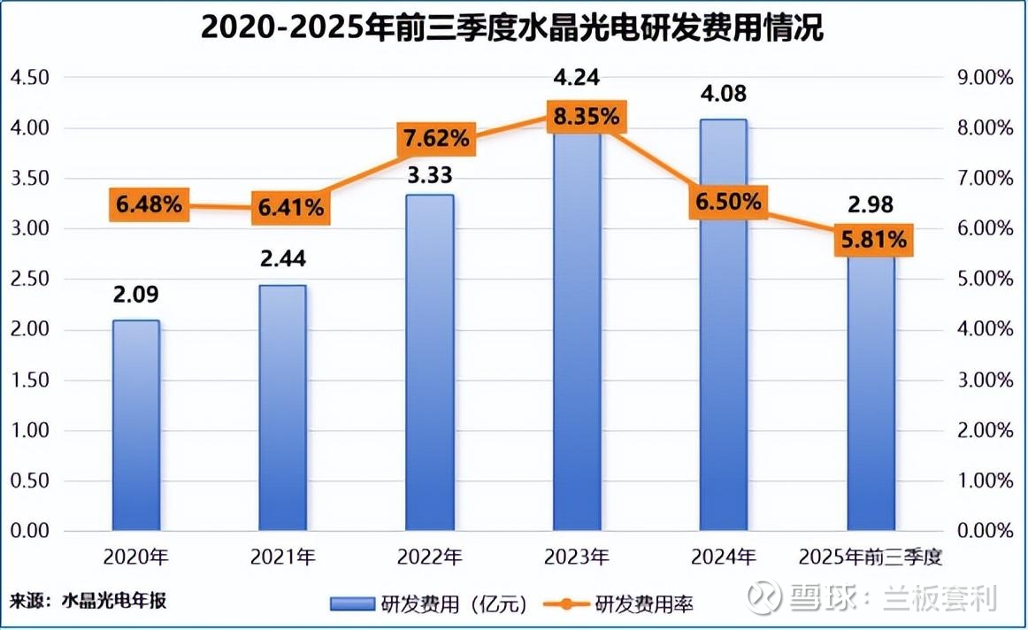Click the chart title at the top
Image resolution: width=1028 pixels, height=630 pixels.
512,28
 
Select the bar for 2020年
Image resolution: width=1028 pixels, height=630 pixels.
136,425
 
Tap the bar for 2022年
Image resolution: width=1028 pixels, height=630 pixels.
430,363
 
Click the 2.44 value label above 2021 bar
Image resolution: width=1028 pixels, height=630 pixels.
283,261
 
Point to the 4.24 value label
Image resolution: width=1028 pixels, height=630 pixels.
577,77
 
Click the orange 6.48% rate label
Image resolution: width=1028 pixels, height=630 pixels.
149,205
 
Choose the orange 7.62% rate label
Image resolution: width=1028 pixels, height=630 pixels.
437,139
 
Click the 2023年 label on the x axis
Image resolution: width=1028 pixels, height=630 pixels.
577,557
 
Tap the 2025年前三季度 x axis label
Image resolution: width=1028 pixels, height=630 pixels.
871,557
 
